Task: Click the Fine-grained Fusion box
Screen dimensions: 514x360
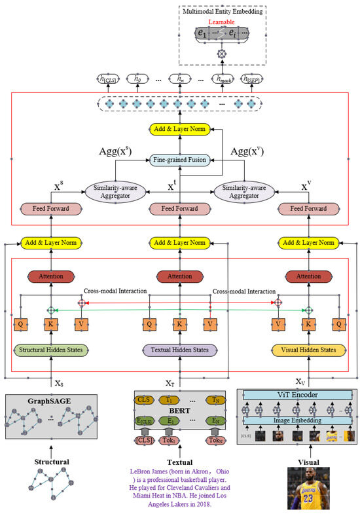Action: tap(179, 159)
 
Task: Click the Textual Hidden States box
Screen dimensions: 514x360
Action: tap(179, 350)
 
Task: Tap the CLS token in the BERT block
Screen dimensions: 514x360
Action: tap(143, 398)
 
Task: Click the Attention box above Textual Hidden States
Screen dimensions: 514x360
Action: tap(179, 276)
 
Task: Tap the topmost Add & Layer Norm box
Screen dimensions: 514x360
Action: tap(179, 130)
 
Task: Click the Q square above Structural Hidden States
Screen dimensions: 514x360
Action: tap(20, 324)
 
